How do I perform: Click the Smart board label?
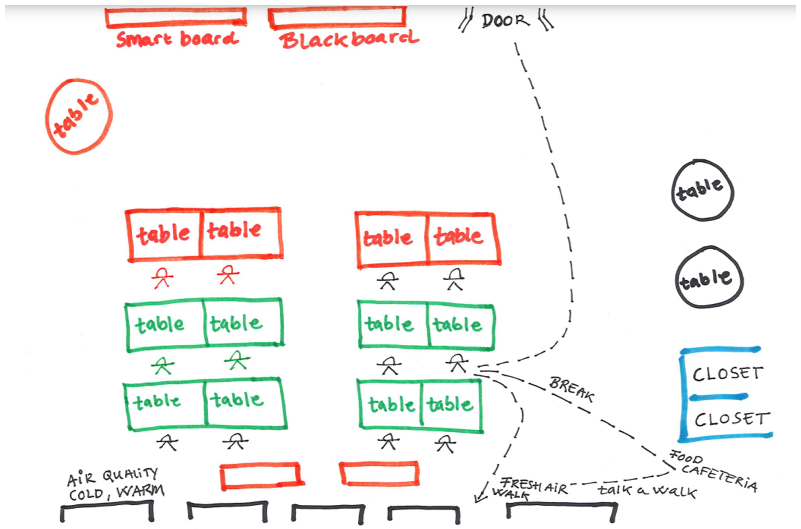[x=178, y=39]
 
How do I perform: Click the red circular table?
[x=78, y=116]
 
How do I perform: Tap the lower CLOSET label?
[x=732, y=419]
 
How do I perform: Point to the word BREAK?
[x=571, y=390]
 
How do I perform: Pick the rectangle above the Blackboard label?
[x=337, y=17]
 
